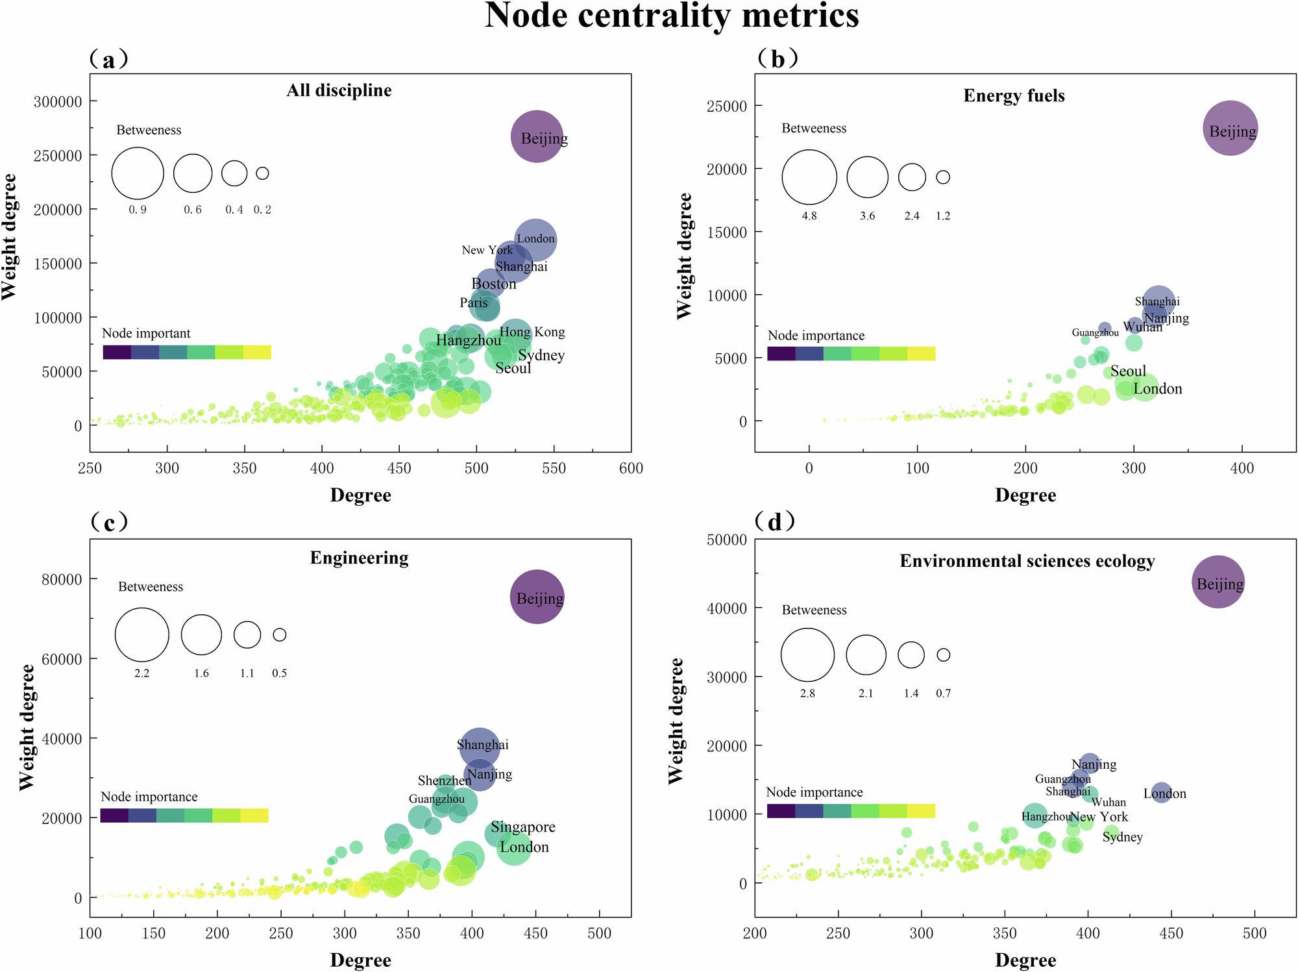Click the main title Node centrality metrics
(x=672, y=16)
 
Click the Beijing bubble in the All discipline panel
(x=536, y=136)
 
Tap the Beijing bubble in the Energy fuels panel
(x=1230, y=129)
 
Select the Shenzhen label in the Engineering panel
(x=444, y=780)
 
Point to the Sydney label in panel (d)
(x=1122, y=837)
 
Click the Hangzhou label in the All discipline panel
(x=468, y=340)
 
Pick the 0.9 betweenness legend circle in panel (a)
(x=138, y=173)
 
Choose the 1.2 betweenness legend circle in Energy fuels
(x=943, y=177)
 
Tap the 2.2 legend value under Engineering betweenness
(x=141, y=673)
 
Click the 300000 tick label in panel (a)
(x=58, y=102)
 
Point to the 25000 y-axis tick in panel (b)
(x=726, y=106)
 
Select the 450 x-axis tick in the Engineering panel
(x=535, y=933)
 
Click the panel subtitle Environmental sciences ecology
(x=1027, y=561)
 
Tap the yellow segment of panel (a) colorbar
(x=257, y=353)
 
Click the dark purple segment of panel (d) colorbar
(x=781, y=810)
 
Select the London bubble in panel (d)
(x=1161, y=792)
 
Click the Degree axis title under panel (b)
(x=1025, y=495)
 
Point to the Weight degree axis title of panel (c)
(x=27, y=727)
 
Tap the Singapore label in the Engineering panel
(x=522, y=827)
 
